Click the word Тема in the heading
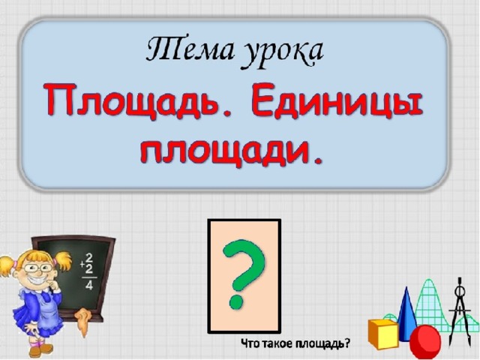(190, 49)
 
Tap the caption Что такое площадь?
(295, 343)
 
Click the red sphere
(425, 341)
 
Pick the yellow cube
(382, 334)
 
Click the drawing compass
(459, 312)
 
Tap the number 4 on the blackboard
(89, 285)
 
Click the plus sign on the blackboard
(82, 264)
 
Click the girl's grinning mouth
(40, 280)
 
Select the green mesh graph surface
(428, 306)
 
